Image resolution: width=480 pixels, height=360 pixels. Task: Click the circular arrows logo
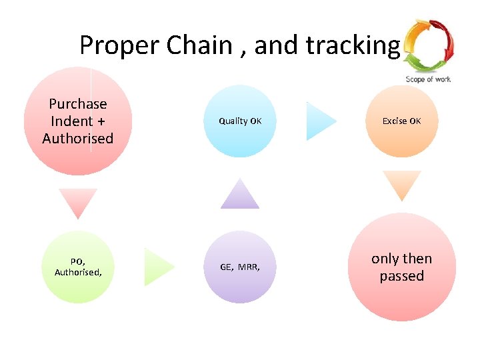[x=428, y=45]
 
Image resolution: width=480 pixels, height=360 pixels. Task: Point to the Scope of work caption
[x=428, y=79]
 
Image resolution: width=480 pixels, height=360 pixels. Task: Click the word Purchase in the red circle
[x=78, y=103]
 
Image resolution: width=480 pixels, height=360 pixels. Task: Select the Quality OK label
[x=240, y=121]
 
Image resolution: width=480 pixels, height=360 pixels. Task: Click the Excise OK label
[x=401, y=121]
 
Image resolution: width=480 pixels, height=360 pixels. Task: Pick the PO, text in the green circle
[x=78, y=262]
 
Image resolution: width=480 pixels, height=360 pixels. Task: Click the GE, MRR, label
[x=240, y=267]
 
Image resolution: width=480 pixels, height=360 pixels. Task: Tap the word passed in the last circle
[x=401, y=276]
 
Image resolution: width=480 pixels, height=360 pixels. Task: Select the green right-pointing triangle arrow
[x=158, y=267]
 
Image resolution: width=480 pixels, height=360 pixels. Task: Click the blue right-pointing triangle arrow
[x=320, y=121]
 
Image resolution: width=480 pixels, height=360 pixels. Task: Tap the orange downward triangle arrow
[x=401, y=185]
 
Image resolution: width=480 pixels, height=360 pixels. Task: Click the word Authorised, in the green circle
[x=78, y=272]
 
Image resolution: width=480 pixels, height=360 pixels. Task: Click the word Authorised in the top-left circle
[x=78, y=138]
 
